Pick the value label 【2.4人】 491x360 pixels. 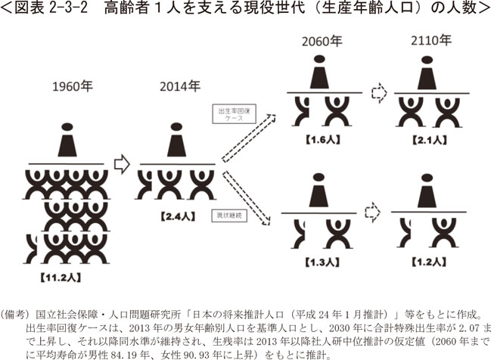tap(178, 216)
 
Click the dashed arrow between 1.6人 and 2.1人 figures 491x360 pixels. tap(378, 93)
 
